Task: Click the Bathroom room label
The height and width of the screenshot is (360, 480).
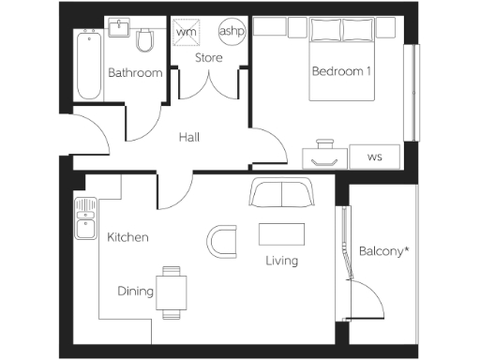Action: [x=135, y=73]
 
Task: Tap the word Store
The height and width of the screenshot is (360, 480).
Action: [x=208, y=59]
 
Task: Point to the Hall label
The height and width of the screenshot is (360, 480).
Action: [x=189, y=138]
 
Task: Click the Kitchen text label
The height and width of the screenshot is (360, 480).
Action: [x=127, y=237]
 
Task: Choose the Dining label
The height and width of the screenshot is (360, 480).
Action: [x=136, y=292]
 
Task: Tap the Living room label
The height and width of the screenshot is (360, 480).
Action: [x=281, y=261]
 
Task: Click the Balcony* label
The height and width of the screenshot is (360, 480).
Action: [x=382, y=251]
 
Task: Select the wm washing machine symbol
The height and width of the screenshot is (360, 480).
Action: [x=187, y=33]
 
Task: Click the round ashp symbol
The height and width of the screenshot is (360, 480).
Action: [x=231, y=32]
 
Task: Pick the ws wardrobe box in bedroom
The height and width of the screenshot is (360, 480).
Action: [x=374, y=157]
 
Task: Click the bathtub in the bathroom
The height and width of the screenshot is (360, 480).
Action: [x=89, y=66]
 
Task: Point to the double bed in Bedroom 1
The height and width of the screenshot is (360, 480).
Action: [x=343, y=58]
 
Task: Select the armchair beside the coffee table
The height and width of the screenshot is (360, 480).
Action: [x=222, y=241]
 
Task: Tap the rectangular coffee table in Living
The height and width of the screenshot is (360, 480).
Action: [x=281, y=233]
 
